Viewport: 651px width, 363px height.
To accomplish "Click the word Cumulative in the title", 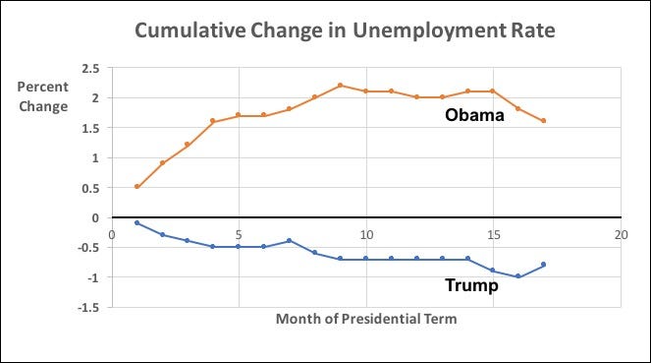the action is click(x=190, y=30).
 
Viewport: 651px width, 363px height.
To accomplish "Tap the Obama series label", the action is click(x=474, y=115).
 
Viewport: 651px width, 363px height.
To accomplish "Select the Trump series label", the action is click(x=471, y=285).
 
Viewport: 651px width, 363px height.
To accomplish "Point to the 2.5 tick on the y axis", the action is click(x=90, y=69).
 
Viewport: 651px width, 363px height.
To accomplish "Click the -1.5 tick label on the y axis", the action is click(x=88, y=308).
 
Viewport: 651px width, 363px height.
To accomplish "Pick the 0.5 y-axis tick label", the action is click(x=90, y=188).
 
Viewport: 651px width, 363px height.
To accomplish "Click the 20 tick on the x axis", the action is click(x=622, y=235).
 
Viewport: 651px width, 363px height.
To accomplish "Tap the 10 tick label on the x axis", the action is click(x=366, y=235).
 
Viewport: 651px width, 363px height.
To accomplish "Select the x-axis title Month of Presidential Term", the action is click(x=366, y=319).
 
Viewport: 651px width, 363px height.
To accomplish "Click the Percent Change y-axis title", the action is click(x=43, y=96).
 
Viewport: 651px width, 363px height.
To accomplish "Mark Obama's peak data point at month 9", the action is click(x=341, y=86).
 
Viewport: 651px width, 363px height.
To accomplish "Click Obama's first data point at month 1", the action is click(x=137, y=187).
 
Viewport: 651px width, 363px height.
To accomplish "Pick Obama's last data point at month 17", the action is click(x=544, y=121).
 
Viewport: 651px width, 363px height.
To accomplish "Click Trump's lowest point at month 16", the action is click(x=518, y=276).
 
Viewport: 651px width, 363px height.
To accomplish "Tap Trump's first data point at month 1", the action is click(x=137, y=223).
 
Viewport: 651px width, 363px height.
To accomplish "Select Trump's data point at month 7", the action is click(x=290, y=240).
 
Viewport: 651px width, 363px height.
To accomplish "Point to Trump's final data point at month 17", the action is click(x=544, y=264).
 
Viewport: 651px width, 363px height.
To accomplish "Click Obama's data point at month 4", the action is click(x=213, y=121).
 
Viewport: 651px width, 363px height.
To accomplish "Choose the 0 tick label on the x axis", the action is click(x=112, y=235).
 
